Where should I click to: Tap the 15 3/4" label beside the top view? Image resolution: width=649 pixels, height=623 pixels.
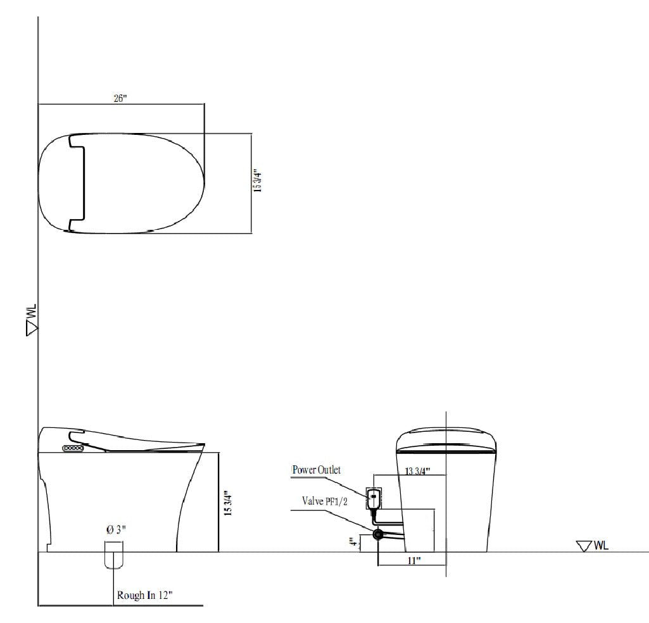256,182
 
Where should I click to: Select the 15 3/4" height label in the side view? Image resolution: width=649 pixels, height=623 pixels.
229,500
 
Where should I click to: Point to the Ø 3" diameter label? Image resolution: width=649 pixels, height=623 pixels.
116,529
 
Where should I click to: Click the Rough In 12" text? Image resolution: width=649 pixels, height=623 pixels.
145,595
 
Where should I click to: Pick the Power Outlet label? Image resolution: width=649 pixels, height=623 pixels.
316,470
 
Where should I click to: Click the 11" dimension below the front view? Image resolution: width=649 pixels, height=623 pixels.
414,560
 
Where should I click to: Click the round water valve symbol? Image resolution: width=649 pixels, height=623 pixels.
378,534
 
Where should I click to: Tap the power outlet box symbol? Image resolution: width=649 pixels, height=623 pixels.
374,497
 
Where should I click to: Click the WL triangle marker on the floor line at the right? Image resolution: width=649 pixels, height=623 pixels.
584,546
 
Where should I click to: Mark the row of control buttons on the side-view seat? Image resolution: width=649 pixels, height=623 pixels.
72,448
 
